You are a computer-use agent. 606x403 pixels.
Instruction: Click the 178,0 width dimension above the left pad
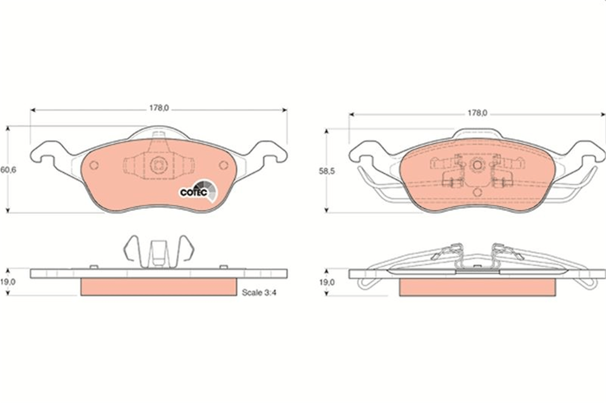coord(159,108)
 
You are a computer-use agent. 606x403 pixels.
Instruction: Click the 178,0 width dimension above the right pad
coord(477,113)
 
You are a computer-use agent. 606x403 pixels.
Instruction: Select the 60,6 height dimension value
coord(8,170)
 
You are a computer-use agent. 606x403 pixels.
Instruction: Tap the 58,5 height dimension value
coord(327,171)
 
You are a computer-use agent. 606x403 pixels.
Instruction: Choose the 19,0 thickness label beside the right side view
coord(327,282)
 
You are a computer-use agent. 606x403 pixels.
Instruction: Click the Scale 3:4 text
coord(259,293)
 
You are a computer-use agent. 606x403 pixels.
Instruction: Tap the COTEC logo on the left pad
coord(198,191)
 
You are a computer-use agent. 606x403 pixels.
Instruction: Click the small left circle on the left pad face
coord(94,165)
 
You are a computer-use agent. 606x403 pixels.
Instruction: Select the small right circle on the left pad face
coord(224,165)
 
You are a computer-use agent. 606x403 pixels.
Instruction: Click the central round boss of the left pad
coord(159,165)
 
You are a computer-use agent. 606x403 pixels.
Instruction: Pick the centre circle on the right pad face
coord(477,165)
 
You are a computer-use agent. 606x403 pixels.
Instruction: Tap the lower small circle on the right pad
coord(477,192)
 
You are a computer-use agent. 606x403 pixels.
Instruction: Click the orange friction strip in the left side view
coord(159,287)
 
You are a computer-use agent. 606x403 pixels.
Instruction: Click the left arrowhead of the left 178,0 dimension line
coord(33,110)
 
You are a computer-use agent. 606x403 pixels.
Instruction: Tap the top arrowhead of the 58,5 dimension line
coord(326,131)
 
